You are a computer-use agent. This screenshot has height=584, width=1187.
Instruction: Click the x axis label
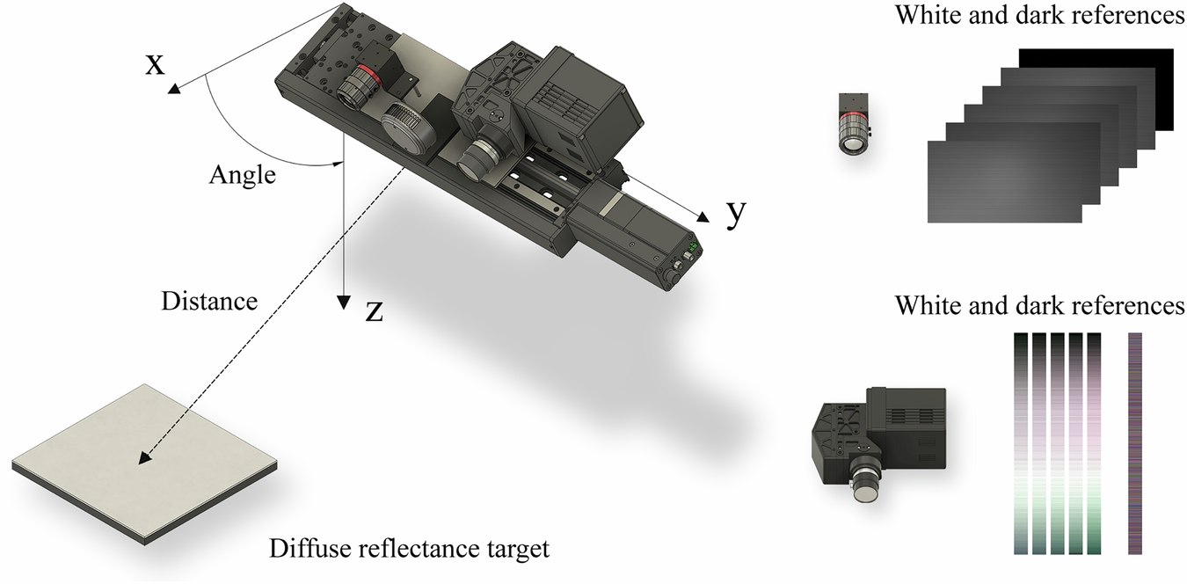[155, 64]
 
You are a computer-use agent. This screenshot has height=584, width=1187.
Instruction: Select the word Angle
[242, 175]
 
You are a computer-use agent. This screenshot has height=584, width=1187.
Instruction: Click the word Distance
[209, 302]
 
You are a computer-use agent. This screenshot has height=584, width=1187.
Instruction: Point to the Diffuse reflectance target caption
[409, 550]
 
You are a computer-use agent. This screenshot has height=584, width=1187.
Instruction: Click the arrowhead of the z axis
[344, 301]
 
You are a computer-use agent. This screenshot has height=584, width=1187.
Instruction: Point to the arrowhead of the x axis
[173, 88]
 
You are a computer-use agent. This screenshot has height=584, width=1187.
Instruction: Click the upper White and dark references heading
[1039, 15]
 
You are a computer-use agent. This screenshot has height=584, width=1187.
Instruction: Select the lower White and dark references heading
[1039, 305]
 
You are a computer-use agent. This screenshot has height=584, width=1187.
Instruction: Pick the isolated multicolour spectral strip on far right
[1134, 444]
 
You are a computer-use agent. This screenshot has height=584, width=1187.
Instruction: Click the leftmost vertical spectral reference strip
[1020, 444]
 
